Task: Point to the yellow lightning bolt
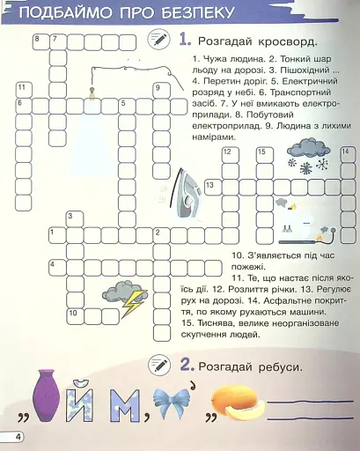135,305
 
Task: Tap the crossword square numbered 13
211,186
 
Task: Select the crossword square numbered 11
23,90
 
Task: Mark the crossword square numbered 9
160,90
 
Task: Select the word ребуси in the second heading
277,366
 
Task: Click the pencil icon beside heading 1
159,39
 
